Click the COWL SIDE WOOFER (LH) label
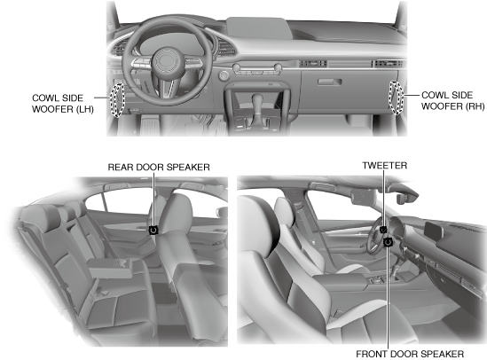click(63, 104)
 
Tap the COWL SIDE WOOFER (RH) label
click(452, 100)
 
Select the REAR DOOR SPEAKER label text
click(159, 168)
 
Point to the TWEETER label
click(384, 166)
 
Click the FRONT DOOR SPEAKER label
click(410, 354)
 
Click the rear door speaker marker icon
click(153, 230)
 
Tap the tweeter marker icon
click(383, 230)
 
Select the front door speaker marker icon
click(388, 242)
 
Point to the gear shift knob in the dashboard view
click(257, 101)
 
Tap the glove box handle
click(329, 82)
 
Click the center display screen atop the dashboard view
click(259, 28)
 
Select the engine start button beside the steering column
click(224, 75)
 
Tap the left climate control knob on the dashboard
click(237, 67)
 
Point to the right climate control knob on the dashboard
click(278, 67)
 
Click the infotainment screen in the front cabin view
click(434, 231)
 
